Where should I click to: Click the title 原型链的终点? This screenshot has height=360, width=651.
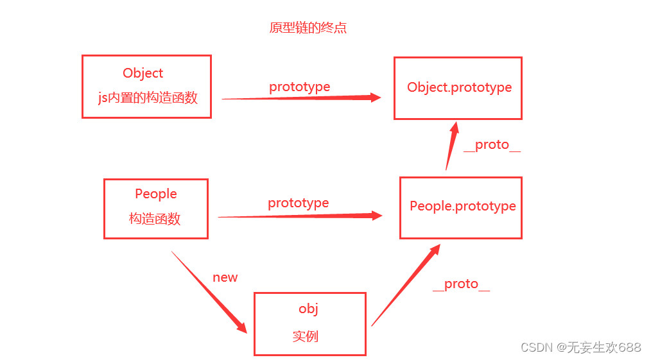pos(308,28)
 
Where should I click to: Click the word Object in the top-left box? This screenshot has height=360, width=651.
pos(143,73)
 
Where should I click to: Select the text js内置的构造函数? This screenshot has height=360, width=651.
pos(148,98)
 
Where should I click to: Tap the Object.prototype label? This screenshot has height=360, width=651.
pos(460,87)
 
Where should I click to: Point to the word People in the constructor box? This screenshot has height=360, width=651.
pos(156,194)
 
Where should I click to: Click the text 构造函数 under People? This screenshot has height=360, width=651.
pos(155,219)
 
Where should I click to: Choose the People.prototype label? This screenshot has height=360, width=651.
pos(463,206)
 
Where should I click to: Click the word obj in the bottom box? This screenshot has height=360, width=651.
pos(309,309)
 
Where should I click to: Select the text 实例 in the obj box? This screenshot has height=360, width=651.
pos(306,336)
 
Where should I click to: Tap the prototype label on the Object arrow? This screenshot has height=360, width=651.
pos(299,87)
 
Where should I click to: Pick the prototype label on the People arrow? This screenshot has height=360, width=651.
pos(299,203)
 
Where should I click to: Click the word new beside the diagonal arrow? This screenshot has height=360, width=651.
pos(225,277)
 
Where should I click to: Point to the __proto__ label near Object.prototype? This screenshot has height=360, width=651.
pos(492,145)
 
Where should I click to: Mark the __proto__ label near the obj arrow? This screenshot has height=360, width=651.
pos(461,284)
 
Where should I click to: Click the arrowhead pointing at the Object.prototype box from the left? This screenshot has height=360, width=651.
pos(374,98)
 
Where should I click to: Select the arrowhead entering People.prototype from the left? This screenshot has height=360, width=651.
pos(375,216)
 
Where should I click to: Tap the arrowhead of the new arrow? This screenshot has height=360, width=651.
pos(241,326)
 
